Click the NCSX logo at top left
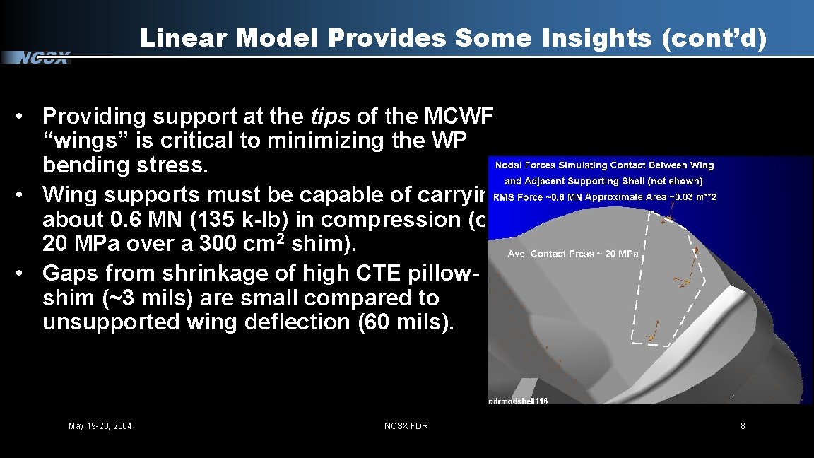[44, 59]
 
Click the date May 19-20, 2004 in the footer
[100, 425]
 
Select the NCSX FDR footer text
[406, 425]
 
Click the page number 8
[743, 425]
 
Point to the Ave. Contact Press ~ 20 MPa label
[573, 254]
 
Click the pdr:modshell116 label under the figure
[518, 401]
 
